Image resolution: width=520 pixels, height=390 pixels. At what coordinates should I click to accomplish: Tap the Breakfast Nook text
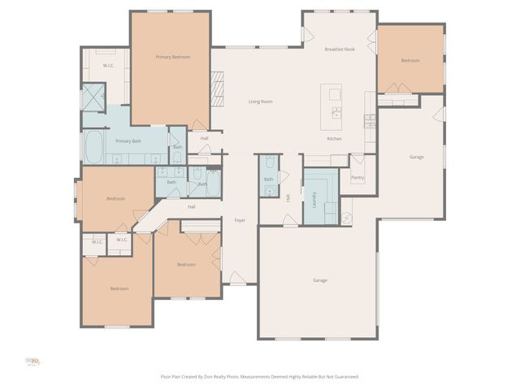tap(340, 50)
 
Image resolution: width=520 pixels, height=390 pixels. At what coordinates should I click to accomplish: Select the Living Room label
tap(260, 102)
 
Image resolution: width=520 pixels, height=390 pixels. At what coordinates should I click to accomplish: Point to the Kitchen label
tap(334, 139)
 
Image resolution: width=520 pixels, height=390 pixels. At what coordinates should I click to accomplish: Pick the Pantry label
tap(357, 177)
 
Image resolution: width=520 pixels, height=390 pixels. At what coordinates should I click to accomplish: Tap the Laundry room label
tap(314, 200)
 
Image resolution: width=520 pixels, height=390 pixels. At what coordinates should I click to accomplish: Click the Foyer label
tap(240, 220)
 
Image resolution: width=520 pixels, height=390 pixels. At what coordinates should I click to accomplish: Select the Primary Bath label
tap(128, 141)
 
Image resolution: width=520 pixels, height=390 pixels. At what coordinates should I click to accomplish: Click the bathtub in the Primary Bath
tap(94, 148)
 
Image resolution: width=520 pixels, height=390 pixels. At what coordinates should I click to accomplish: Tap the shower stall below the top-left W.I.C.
tap(94, 97)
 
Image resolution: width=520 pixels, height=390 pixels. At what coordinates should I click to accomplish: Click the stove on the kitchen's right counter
tap(370, 121)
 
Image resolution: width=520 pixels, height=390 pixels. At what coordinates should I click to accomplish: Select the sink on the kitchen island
tap(335, 94)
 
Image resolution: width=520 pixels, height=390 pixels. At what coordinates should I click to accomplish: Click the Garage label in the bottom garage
tap(320, 280)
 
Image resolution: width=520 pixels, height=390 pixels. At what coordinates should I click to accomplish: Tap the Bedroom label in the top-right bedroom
tap(410, 61)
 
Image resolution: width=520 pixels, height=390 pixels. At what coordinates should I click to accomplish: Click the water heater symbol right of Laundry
tap(347, 217)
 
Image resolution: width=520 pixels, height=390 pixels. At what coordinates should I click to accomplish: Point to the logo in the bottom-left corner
tap(33, 361)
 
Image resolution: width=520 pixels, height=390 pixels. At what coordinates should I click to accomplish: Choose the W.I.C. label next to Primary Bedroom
tap(107, 65)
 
